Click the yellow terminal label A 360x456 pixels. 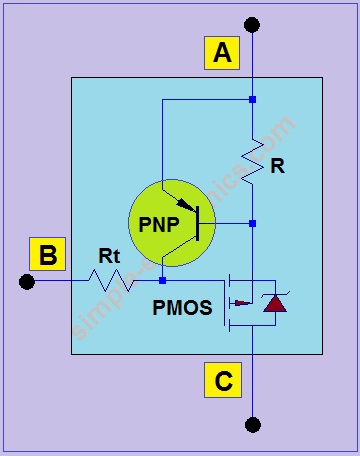(x=222, y=53)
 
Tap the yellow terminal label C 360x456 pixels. (x=222, y=381)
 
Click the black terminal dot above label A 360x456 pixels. (x=252, y=24)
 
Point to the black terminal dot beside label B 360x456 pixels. (x=27, y=282)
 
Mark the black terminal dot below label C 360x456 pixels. (x=252, y=425)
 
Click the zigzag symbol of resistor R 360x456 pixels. (x=253, y=160)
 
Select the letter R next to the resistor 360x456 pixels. (x=277, y=166)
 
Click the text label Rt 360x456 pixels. (x=109, y=256)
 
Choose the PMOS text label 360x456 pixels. (x=182, y=308)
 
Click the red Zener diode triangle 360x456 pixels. (x=273, y=304)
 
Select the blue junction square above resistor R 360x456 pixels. (x=252, y=99)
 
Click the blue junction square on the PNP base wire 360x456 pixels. (x=252, y=223)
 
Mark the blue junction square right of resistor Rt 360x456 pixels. (x=162, y=282)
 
